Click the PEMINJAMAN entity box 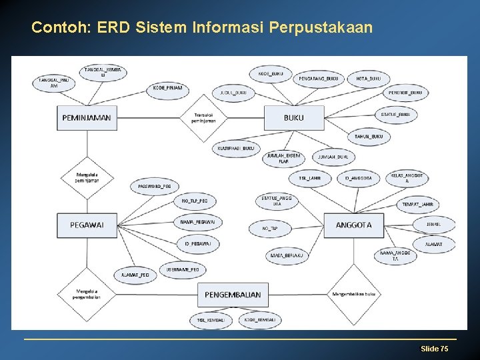tap(87, 117)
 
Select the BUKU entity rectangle tap(294, 117)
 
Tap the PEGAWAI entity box tap(87, 225)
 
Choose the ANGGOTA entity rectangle tap(353, 225)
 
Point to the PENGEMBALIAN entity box tap(233, 294)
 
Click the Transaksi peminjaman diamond tap(203, 118)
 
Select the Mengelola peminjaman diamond tap(87, 178)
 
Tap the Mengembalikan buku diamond tap(353, 294)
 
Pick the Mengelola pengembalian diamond tap(87, 294)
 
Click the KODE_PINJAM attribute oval tap(168, 88)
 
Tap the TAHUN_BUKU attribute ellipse tap(369, 137)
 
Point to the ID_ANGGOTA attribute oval tap(359, 178)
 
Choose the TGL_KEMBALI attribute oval tap(211, 320)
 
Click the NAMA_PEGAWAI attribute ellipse tap(197, 221)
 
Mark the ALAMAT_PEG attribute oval tap(135, 274)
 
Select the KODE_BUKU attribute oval tap(270, 73)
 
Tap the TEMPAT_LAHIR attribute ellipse tap(418, 204)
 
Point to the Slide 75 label tap(434, 349)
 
